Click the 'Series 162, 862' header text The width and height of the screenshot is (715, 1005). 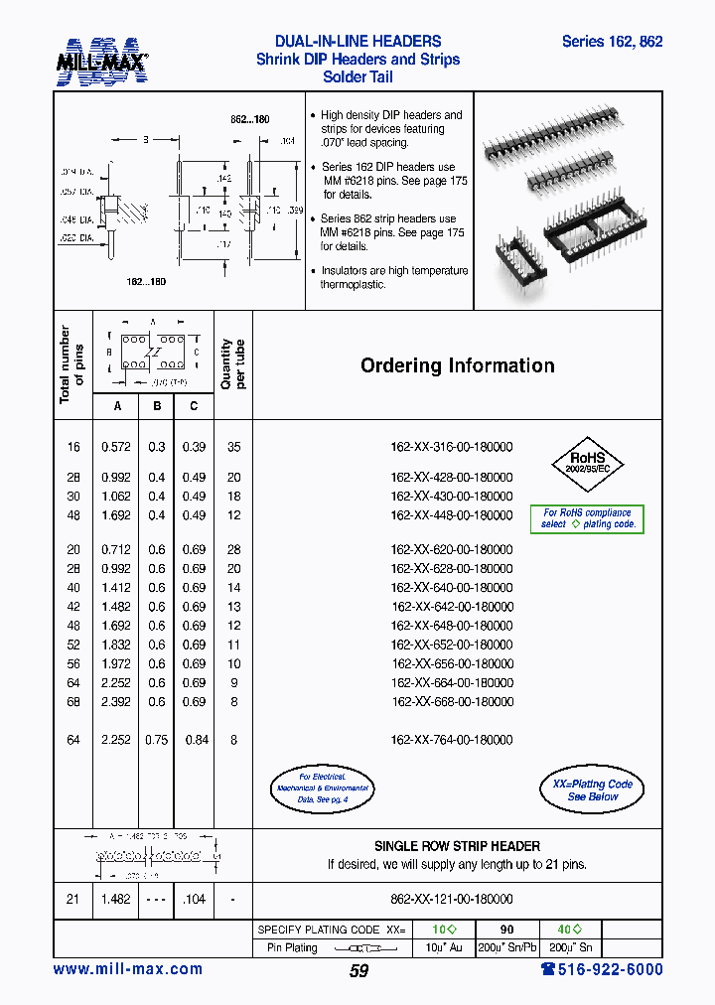point(612,42)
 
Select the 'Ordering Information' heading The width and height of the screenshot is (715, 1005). point(457,365)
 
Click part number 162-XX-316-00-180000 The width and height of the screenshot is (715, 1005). point(452,448)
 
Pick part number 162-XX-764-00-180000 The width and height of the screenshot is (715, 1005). point(452,740)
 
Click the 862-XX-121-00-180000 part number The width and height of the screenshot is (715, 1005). point(452,899)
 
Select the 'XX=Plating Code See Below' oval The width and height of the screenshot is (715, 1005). point(591,790)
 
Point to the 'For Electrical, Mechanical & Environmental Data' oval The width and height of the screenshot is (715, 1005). point(322,788)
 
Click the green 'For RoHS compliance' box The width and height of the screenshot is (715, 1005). point(587,518)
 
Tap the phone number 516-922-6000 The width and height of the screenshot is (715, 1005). point(602,970)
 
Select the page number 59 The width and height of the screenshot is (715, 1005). point(358,971)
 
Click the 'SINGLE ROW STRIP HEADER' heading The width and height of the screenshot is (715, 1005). point(457,846)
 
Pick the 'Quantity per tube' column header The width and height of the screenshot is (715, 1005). point(233,364)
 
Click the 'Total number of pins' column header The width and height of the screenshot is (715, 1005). point(72,364)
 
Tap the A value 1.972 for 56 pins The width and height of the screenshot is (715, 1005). point(116,663)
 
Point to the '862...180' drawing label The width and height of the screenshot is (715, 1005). point(249,119)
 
